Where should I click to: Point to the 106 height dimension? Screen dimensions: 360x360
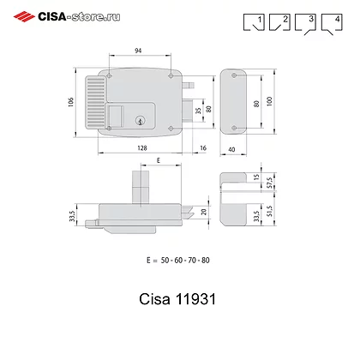point(73,102)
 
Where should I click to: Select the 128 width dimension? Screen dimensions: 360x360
point(138,147)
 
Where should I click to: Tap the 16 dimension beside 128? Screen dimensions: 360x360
point(201,147)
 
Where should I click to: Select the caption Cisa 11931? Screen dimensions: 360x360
point(179,302)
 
